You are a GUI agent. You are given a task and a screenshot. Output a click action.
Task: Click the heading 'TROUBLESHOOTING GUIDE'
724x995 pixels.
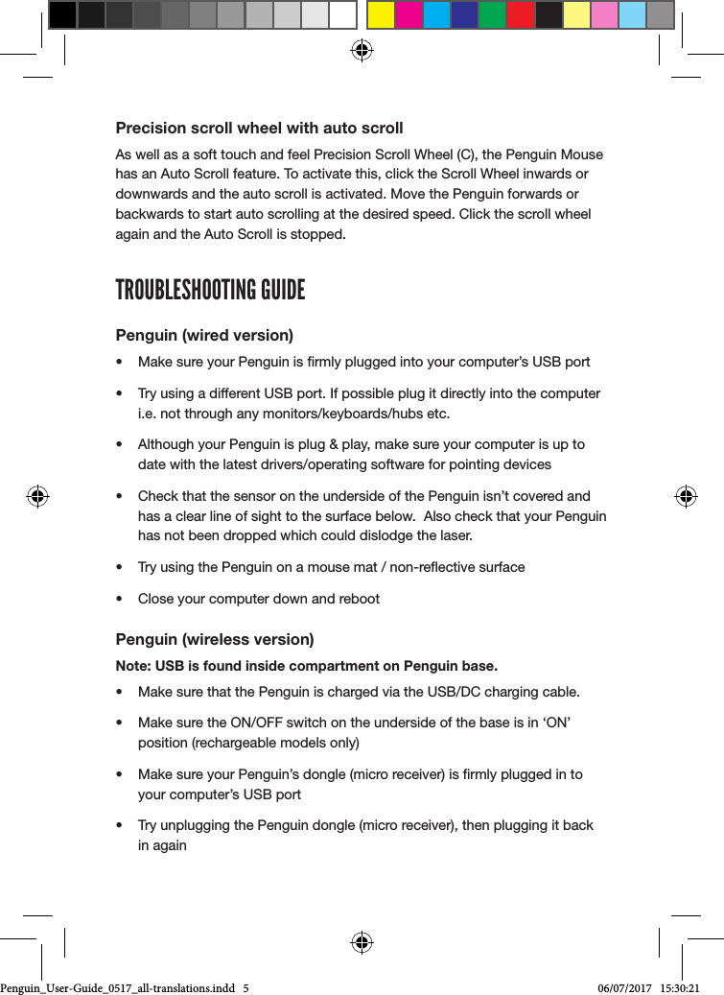[x=210, y=290]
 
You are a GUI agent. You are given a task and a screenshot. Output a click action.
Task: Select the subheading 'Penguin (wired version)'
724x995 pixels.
[x=204, y=335]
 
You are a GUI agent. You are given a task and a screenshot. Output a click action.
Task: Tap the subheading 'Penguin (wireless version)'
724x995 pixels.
[x=215, y=639]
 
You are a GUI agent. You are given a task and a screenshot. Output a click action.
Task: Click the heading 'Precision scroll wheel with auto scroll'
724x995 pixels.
[x=259, y=128]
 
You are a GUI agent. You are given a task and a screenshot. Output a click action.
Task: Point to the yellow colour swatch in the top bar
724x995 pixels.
[x=381, y=15]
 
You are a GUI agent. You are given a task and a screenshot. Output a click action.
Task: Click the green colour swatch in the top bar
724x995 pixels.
[x=492, y=15]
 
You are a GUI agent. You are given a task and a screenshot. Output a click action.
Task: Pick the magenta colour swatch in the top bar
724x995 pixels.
[x=409, y=15]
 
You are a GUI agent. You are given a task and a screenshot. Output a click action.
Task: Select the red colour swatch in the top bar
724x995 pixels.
[x=521, y=15]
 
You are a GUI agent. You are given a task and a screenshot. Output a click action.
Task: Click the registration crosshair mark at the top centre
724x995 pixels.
[x=362, y=51]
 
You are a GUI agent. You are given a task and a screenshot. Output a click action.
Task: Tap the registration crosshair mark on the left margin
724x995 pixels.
[x=37, y=496]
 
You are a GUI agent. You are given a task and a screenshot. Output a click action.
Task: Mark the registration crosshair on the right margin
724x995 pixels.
[x=685, y=496]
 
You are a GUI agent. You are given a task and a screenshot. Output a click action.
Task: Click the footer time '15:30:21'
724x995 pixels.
[x=681, y=987]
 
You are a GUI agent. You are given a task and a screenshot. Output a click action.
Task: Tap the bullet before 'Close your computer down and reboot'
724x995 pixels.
[x=118, y=599]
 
